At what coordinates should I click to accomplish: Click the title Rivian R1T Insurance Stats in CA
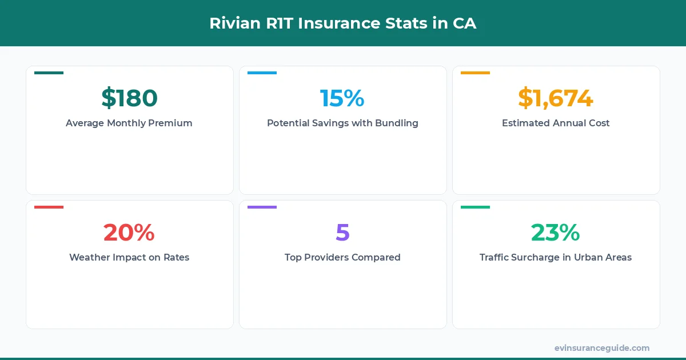click(342, 23)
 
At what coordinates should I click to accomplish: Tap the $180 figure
click(129, 98)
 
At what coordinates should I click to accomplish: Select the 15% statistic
click(342, 98)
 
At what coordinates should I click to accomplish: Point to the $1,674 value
click(556, 98)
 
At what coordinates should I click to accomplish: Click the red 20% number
click(129, 232)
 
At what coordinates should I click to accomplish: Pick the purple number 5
click(342, 232)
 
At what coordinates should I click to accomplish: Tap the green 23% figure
click(556, 232)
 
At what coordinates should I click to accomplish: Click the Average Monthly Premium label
click(129, 123)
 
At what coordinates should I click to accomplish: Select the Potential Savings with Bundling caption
click(342, 123)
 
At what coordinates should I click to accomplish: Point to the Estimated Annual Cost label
click(556, 123)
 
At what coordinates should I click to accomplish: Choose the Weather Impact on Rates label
click(129, 257)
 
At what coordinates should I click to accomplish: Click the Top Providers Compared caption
click(342, 257)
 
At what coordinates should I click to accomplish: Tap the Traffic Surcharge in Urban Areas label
click(556, 257)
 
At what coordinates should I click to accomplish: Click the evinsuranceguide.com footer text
click(601, 347)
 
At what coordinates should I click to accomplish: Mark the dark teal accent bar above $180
click(49, 73)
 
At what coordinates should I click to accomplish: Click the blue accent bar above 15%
click(262, 73)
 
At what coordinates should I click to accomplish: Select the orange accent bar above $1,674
click(475, 73)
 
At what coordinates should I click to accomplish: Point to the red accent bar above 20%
click(49, 207)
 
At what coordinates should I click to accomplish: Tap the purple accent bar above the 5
click(262, 207)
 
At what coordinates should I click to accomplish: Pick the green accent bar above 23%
click(475, 207)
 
